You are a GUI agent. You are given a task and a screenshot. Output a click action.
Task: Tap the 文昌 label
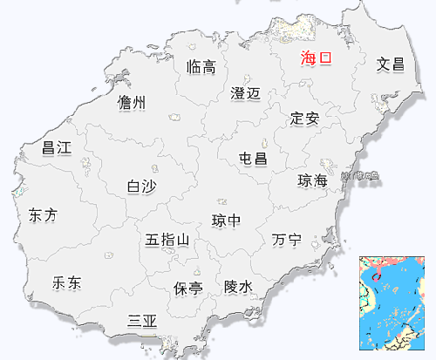coord(391,64)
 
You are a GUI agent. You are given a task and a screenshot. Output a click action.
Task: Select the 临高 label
coord(201,67)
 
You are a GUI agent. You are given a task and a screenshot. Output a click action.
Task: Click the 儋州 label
coord(132,103)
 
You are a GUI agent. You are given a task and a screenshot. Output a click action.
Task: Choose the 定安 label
coord(305,118)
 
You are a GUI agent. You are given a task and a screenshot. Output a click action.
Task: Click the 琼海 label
coord(312,180)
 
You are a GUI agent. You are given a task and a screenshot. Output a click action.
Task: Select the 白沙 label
coord(141,186)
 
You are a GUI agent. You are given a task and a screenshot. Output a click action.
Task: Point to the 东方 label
coord(43,214)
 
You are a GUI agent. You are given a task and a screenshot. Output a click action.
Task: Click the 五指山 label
coord(167,239)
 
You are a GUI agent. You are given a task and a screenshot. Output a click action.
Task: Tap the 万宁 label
coord(286,239)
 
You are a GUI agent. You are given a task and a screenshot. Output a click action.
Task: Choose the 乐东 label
coord(67,282)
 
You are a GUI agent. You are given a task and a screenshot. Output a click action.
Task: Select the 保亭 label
coord(187,287)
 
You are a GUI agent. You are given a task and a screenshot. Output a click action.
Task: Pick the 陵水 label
coord(238,286)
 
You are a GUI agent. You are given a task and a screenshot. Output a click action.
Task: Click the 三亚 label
coord(142,321)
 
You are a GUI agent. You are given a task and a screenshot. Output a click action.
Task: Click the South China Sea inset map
coord(396,305)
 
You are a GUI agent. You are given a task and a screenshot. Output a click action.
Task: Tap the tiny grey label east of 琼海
coord(360,177)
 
